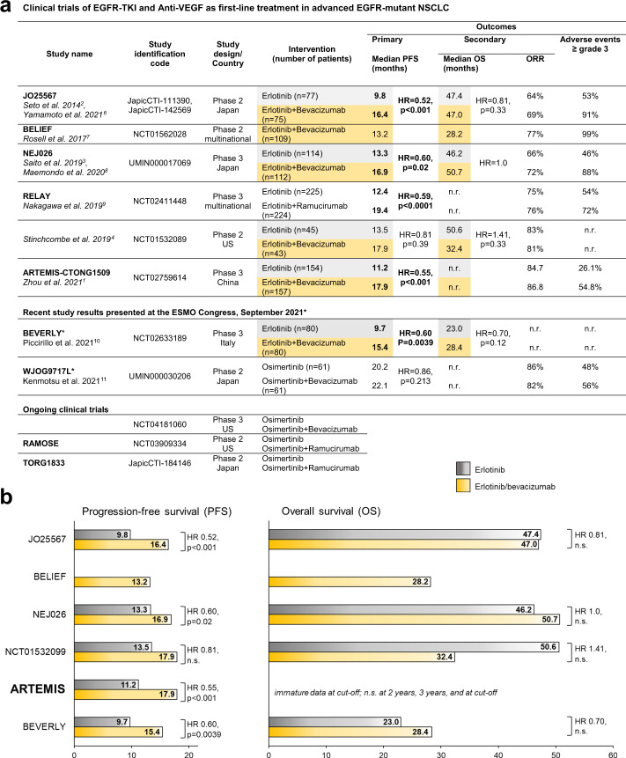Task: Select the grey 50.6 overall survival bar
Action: point(413,645)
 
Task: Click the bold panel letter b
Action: point(11,497)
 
